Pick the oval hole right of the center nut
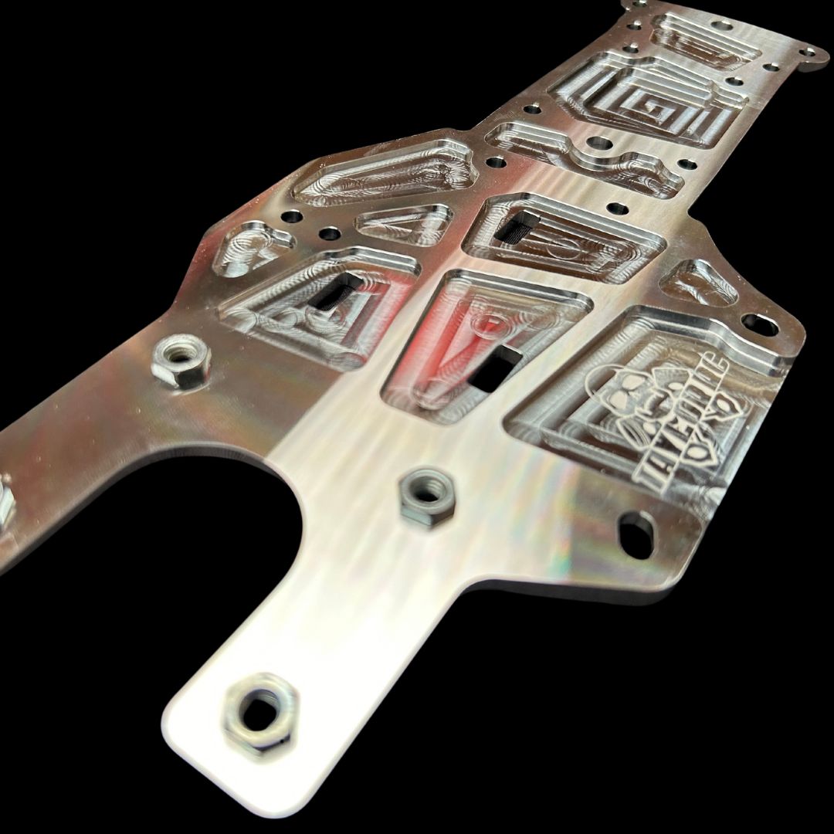pos(636,532)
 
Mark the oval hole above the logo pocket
pos(760,324)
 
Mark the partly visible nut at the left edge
pos(6,502)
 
